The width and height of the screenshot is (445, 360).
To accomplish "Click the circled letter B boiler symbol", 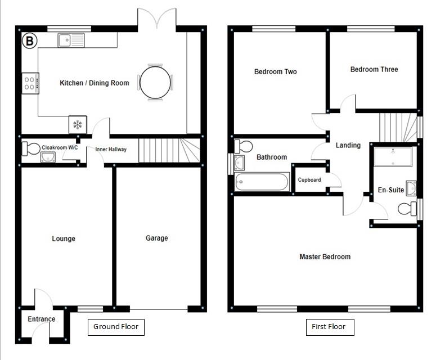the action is pos(29,40).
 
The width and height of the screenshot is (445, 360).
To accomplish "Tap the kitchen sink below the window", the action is pos(71,40).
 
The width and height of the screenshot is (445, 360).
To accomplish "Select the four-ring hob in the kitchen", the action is pos(30,83).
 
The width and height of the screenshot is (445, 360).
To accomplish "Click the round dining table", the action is pos(155,83).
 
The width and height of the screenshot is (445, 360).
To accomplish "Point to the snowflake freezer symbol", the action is pos(78,124).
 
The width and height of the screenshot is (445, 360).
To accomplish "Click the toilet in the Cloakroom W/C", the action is pos(31,149).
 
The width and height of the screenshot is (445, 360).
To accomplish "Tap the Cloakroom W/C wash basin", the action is pos(48,157).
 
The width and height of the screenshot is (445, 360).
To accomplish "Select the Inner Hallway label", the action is pos(111,149).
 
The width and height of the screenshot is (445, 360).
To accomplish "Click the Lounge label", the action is pos(64,238).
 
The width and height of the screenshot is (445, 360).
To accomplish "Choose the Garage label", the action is pos(156,238).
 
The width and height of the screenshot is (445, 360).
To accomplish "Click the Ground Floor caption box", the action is pos(116,327).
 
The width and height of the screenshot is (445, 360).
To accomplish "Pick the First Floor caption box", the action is pos(330,327).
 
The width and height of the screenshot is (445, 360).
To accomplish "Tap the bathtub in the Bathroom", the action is pos(262,182).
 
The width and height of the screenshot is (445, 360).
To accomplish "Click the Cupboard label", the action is pos(309,180).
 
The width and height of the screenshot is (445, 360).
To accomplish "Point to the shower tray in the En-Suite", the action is pos(393,156).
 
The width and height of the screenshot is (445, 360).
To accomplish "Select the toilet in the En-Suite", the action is pos(407,209).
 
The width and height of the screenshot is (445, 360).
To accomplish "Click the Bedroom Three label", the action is pos(374,69).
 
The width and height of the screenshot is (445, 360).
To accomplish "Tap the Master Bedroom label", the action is pos(325,256).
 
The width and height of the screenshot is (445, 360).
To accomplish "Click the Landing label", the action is pos(348,145).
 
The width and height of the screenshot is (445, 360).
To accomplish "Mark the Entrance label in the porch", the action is pos(42,319).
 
